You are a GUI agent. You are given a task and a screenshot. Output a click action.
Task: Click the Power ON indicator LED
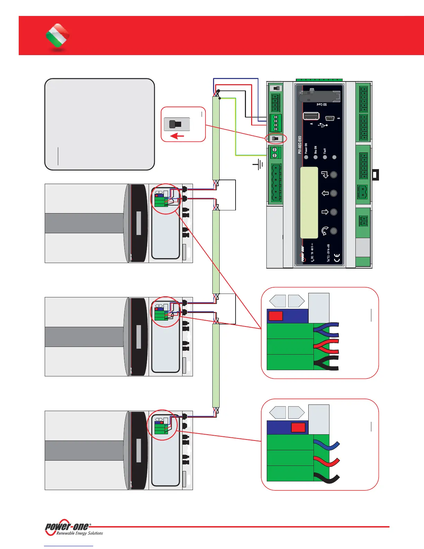tap(306, 157)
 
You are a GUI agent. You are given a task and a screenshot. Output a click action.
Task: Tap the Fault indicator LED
tap(325, 157)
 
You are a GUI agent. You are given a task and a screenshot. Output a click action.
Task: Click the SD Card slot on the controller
tap(319, 95)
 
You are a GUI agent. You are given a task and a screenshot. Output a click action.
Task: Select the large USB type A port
tap(311, 116)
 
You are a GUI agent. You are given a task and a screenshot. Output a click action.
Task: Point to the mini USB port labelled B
tap(330, 118)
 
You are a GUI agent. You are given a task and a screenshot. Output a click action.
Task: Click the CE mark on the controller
tap(337, 258)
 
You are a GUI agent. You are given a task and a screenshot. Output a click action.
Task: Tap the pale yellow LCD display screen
tap(309, 202)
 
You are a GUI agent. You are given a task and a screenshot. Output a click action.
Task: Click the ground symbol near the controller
tap(258, 165)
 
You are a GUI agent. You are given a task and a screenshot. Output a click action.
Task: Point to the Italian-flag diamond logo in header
tap(58, 36)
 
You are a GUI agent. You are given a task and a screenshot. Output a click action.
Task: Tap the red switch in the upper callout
tap(276, 316)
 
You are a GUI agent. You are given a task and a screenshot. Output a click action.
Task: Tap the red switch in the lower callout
tap(298, 427)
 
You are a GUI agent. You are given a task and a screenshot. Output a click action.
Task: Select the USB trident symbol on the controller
tap(323, 124)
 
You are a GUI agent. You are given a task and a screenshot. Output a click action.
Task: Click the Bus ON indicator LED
tap(316, 157)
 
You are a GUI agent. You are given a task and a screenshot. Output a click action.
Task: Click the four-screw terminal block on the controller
tap(275, 123)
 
